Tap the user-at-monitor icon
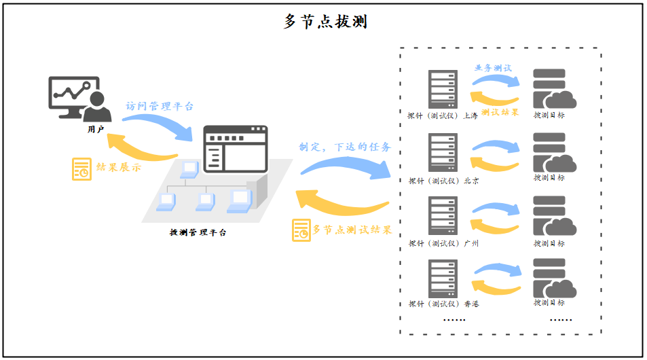pyautogui.click(x=79, y=98)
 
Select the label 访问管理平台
pyautogui.click(x=160, y=107)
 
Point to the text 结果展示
pyautogui.click(x=119, y=168)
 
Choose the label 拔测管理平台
pyautogui.click(x=198, y=232)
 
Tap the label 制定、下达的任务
pyautogui.click(x=345, y=147)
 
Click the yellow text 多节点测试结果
pyautogui.click(x=352, y=230)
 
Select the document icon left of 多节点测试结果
pyautogui.click(x=301, y=230)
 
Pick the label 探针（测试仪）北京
pyautogui.click(x=443, y=181)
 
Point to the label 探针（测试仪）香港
pyautogui.click(x=443, y=304)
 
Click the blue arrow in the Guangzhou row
pyautogui.click(x=496, y=208)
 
